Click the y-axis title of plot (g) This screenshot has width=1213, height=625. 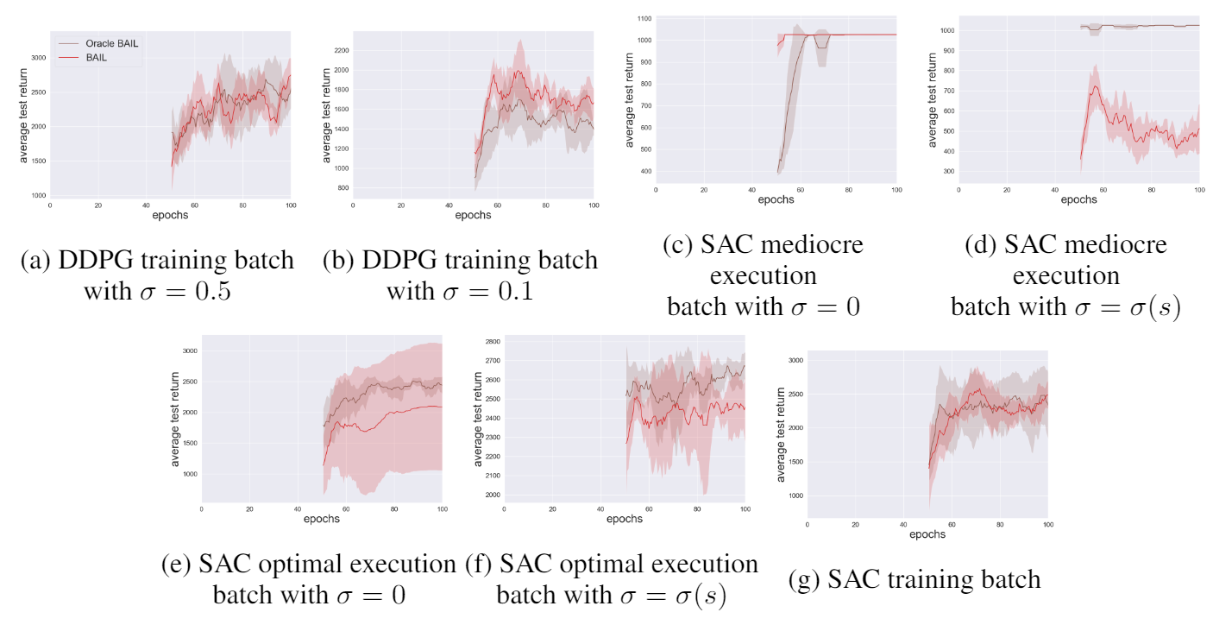coord(781,429)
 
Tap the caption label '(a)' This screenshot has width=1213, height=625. coord(38,261)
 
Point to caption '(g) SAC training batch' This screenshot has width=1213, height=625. coord(914,579)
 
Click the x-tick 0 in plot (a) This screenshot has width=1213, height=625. coord(50,205)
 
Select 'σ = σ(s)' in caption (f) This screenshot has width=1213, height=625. coord(673,596)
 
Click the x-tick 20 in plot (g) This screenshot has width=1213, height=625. coord(855,524)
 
